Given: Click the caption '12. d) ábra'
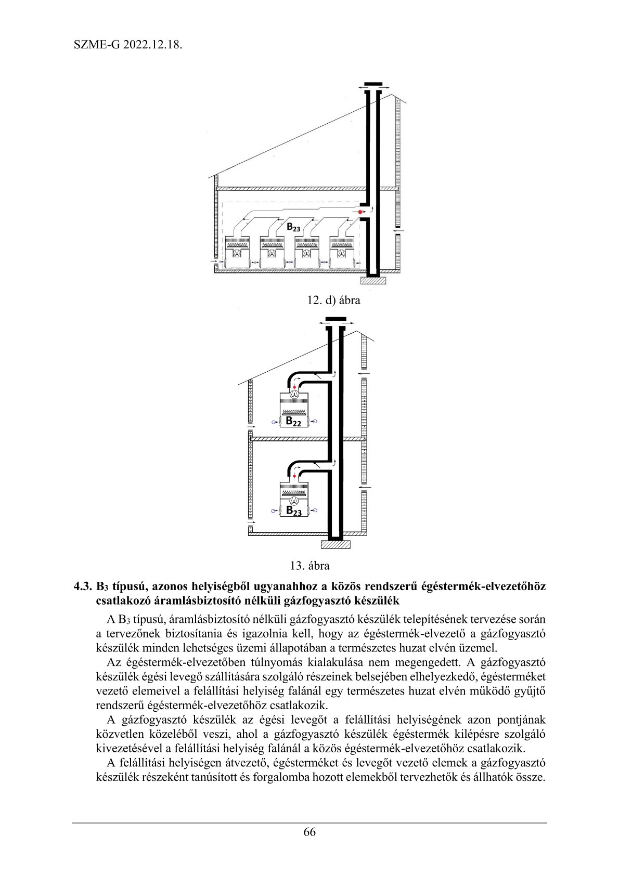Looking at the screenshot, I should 333,300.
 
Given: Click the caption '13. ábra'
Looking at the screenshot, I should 309,565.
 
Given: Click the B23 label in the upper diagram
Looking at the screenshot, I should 293,227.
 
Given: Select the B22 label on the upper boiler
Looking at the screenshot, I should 293,422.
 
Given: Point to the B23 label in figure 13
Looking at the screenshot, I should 294,511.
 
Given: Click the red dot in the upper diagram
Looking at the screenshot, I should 359,212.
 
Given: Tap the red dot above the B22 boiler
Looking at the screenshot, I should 294,387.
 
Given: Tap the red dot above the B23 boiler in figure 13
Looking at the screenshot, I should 294,476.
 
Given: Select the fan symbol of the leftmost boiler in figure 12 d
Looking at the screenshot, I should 237,253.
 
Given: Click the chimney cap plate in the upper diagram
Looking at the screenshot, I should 373,84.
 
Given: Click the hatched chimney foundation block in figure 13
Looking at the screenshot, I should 336,544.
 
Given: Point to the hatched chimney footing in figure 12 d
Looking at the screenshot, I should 373,281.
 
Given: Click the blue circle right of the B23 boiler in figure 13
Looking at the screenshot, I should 315,511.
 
